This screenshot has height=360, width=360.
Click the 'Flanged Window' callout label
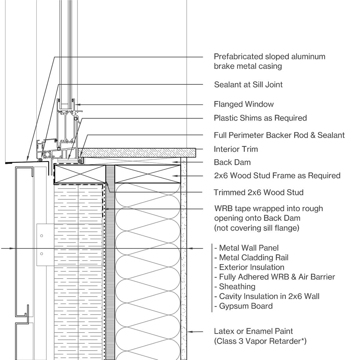pos(244,104)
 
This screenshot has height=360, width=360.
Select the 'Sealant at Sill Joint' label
pos(248,85)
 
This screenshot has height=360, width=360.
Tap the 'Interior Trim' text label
pos(235,149)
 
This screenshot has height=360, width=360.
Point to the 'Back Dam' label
pos(232,162)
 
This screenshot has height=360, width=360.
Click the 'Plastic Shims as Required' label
pos(260,118)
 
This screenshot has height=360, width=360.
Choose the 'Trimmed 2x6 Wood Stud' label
pos(258,192)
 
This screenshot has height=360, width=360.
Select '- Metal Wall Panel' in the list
pos(246,248)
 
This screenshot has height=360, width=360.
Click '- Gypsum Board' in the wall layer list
pos(243,306)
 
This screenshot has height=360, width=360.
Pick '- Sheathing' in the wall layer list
pos(235,286)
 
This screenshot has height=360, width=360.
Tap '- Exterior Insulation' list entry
pos(249,267)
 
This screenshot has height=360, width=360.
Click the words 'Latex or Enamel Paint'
pos(253,331)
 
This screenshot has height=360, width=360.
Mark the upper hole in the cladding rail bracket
pos(42,236)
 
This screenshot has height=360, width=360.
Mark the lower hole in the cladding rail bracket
pos(42,254)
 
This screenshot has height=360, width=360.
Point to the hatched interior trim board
pos(138,152)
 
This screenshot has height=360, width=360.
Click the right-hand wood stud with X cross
pos(148,174)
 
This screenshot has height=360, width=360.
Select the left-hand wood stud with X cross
pos(79,174)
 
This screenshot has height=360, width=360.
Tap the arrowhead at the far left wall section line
pos(12,248)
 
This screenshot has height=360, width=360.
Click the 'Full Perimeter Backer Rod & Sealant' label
pos(279,135)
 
